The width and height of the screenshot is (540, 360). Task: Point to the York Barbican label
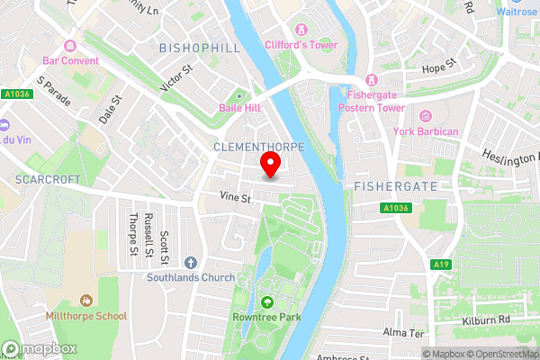427,131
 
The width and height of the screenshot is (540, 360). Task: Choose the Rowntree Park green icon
266,302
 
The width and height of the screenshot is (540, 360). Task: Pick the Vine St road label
233,196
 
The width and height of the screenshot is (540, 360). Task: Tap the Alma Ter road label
403,333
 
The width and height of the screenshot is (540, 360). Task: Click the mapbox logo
40,348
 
